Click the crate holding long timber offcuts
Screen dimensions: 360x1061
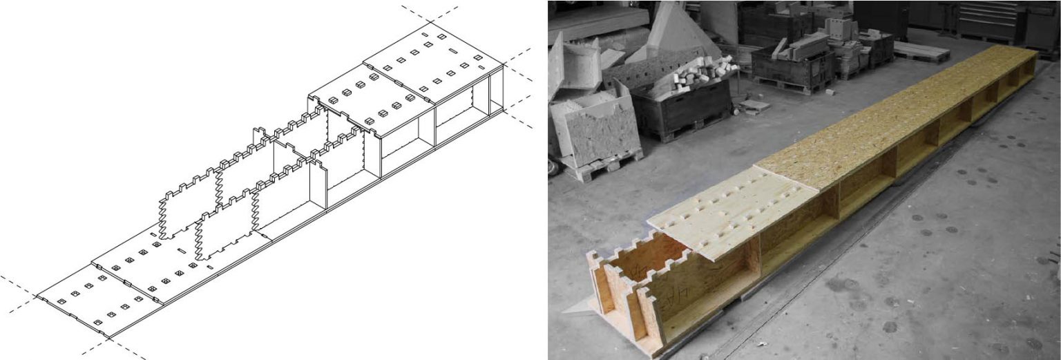794,59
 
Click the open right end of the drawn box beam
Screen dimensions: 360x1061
496,90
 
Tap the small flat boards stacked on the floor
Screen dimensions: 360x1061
753,106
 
